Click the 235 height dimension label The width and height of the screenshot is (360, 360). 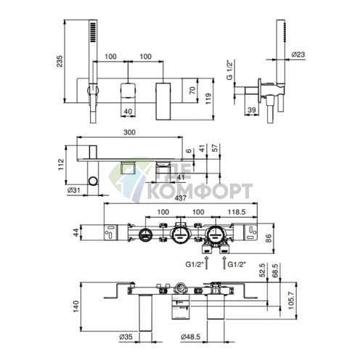60,62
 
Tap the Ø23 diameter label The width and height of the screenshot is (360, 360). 298,54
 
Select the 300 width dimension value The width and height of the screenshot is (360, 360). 129,132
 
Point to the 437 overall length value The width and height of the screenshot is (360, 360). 181,198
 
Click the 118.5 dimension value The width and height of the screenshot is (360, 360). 237,212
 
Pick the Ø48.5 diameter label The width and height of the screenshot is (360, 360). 191,337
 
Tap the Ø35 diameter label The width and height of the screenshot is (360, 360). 126,337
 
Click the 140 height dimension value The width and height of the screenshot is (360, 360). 76,306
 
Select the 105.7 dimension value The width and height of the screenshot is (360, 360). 291,300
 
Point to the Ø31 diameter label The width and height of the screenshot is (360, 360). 73,190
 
